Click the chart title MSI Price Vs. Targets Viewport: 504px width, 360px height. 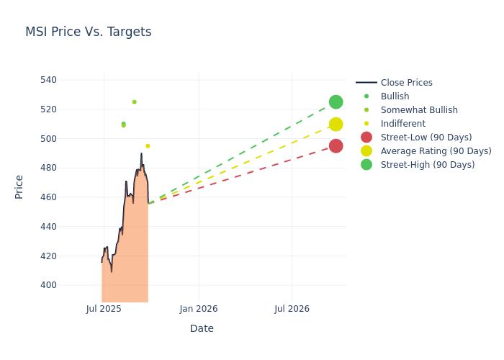point(88,32)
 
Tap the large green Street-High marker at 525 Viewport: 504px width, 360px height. point(336,102)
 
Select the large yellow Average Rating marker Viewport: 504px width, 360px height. point(336,125)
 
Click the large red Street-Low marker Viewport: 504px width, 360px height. point(336,146)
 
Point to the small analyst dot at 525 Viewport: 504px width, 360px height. point(134,102)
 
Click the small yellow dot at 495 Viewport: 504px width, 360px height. point(148,146)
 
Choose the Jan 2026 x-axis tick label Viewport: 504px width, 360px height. point(199,309)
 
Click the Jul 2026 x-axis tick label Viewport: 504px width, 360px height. point(292,309)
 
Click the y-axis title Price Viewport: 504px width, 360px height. point(19,186)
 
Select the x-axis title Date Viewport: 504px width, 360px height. point(202,328)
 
